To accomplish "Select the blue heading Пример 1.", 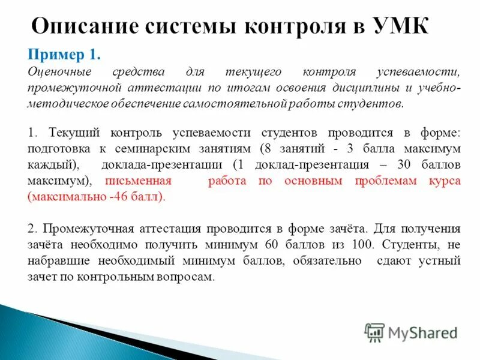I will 64,55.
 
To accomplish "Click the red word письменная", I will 139,180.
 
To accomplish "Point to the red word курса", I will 445,180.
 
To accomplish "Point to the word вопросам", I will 189,277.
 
